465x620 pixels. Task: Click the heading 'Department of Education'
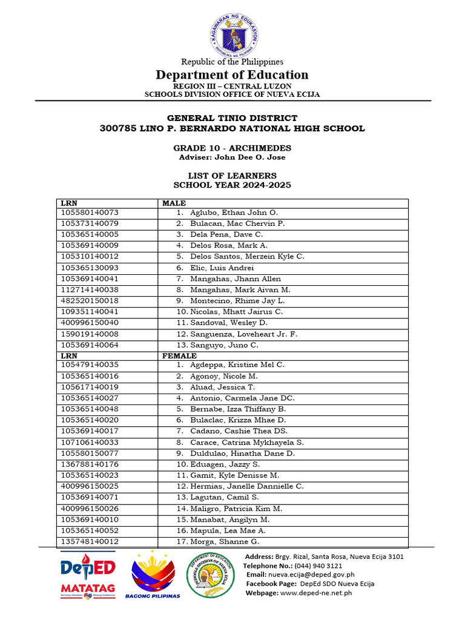(x=232, y=75)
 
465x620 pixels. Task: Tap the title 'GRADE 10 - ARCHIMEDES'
(x=232, y=148)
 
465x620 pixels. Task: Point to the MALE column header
(x=174, y=203)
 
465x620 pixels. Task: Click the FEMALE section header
(x=179, y=356)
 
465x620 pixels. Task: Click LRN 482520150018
(x=90, y=301)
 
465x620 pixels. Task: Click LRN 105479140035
(x=90, y=365)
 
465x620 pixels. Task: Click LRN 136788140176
(x=90, y=464)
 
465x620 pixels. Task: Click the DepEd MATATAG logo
(x=88, y=575)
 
